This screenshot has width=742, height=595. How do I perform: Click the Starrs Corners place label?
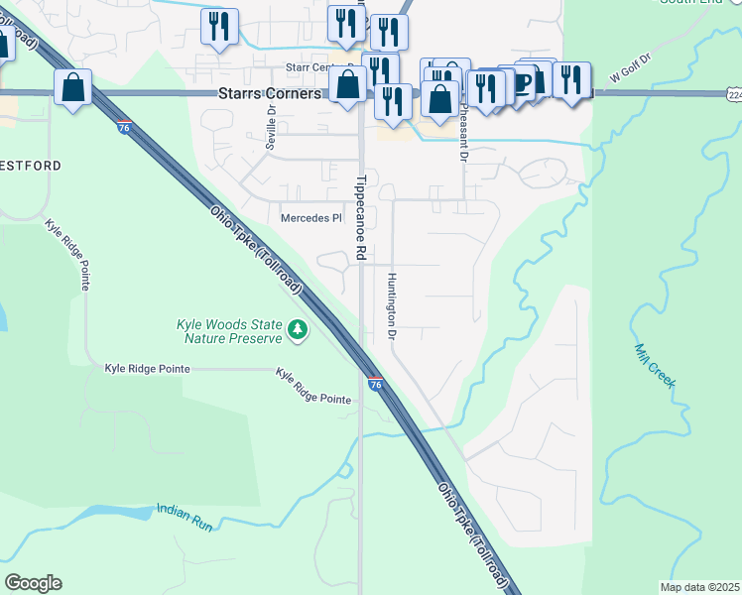(x=269, y=94)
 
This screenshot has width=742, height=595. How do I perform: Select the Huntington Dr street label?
(x=393, y=306)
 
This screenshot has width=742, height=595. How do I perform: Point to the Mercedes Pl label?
(x=310, y=218)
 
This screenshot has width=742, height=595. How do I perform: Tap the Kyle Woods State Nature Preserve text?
(x=229, y=331)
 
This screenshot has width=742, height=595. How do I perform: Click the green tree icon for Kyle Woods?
(x=297, y=329)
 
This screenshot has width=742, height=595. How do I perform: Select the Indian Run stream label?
(x=185, y=517)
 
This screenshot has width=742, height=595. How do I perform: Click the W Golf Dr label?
(x=629, y=69)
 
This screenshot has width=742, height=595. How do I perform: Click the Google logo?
(x=33, y=583)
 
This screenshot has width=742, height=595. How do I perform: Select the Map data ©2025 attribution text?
(x=699, y=587)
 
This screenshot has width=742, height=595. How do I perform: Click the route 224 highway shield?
(x=733, y=94)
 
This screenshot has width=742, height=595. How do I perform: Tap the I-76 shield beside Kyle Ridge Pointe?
(x=375, y=382)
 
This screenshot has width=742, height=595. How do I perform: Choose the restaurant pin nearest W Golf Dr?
(x=570, y=79)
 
